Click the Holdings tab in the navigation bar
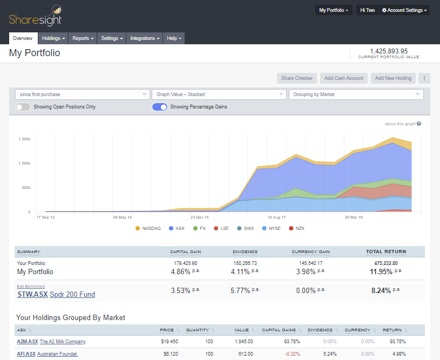pos(53,38)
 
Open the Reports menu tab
pos(83,38)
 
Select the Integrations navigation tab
pos(145,38)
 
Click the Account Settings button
pos(404,10)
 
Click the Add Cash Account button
pos(344,78)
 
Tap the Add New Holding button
pos(393,78)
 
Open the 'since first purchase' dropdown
pos(82,94)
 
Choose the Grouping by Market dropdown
pos(356,94)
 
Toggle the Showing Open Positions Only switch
pos(23,107)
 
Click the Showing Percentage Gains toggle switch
pos(160,107)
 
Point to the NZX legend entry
pos(296,228)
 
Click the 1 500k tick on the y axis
pos(24,139)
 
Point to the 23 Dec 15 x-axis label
pos(199,218)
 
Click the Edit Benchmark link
pos(31,287)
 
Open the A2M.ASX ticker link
pos(27,342)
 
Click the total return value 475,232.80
pos(387,263)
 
